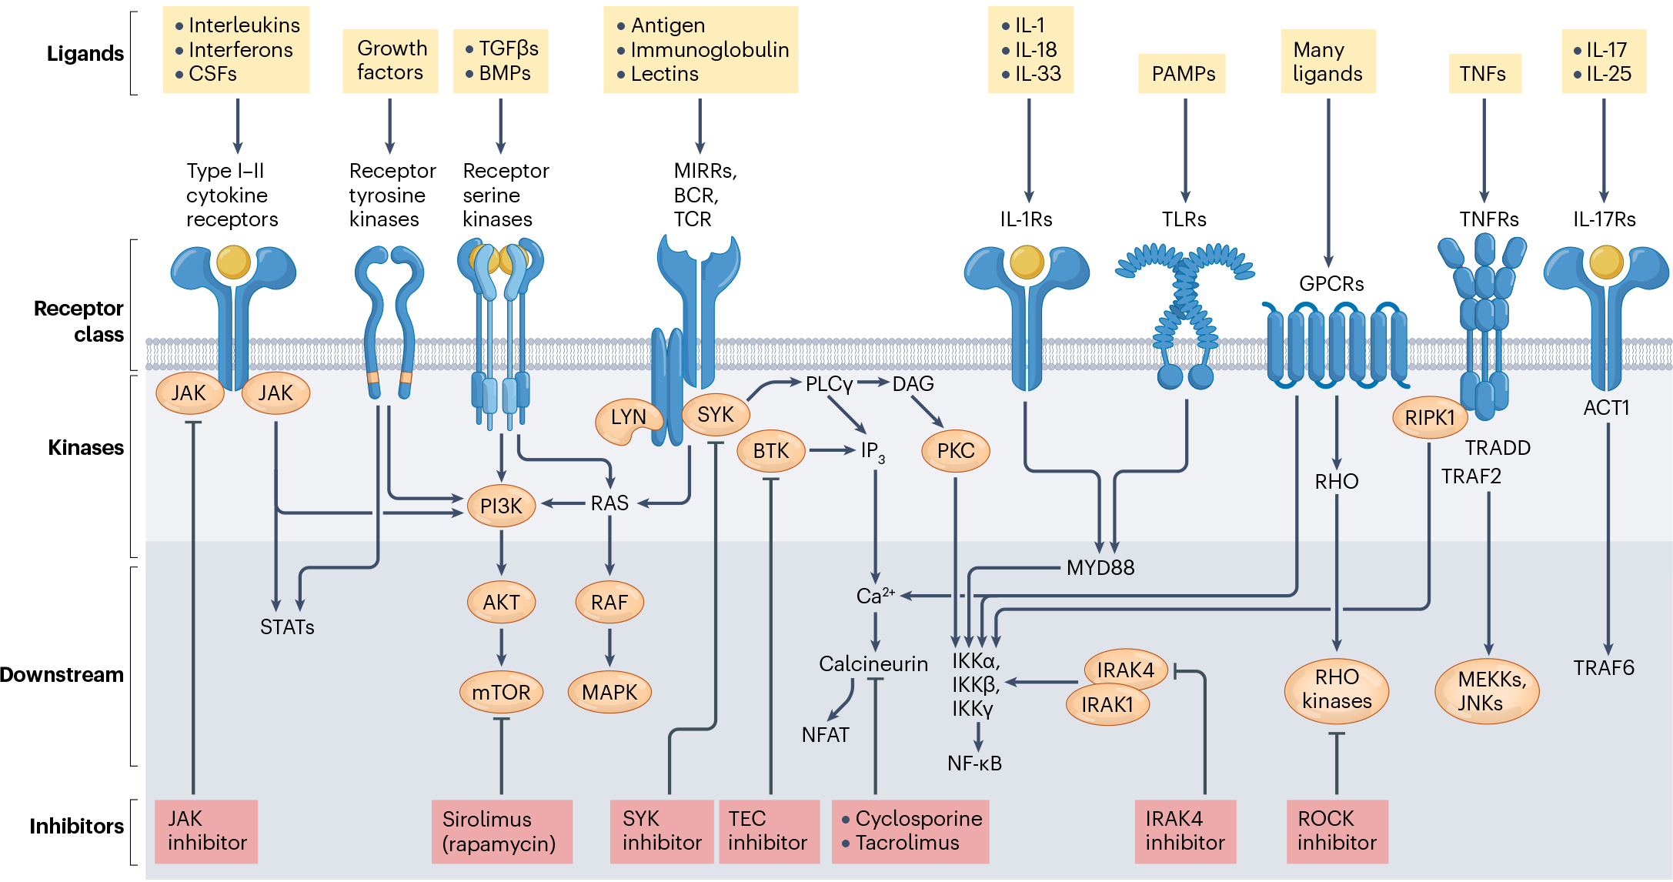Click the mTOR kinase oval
pos(501,692)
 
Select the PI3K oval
pos(501,506)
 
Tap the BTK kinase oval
pos(770,450)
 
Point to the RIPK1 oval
pos(1429,417)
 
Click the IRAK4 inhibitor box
pos(1184,830)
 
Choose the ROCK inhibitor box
pos(1337,830)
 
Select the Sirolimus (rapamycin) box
pos(501,830)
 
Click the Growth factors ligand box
pos(390,61)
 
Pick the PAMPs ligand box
pos(1183,74)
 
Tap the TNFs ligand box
pos(1483,74)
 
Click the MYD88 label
pos(1100,568)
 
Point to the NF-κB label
pos(974,763)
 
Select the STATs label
pos(287,627)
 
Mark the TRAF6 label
pos(1603,668)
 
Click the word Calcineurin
pos(873,663)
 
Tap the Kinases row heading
pos(85,448)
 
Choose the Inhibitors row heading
pos(76,827)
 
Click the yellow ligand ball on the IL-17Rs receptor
pos(1606,262)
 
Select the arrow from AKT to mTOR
pos(501,646)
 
